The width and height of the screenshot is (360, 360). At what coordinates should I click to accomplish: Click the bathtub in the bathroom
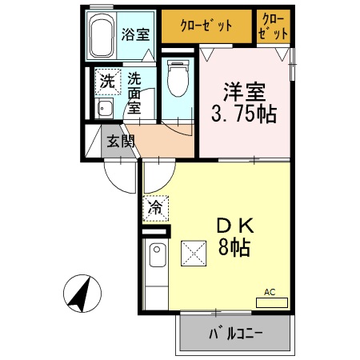click(101, 36)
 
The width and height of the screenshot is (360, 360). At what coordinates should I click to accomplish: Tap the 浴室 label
click(135, 34)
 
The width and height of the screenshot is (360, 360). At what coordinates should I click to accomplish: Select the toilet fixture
click(177, 78)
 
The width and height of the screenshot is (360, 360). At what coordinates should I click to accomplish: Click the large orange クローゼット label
click(206, 26)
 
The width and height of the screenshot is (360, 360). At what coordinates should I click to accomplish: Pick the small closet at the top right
click(273, 26)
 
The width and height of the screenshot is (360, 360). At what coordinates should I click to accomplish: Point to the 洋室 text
click(243, 90)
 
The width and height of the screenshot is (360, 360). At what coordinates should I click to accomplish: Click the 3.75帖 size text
click(243, 114)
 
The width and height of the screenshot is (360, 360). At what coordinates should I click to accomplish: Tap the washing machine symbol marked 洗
click(106, 80)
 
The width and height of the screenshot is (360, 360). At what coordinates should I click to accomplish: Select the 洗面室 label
click(134, 94)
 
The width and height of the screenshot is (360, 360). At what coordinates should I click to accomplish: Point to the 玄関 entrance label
click(121, 142)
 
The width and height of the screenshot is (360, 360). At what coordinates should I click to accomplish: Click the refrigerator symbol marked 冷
click(154, 208)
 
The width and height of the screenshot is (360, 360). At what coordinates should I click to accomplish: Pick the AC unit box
click(271, 302)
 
